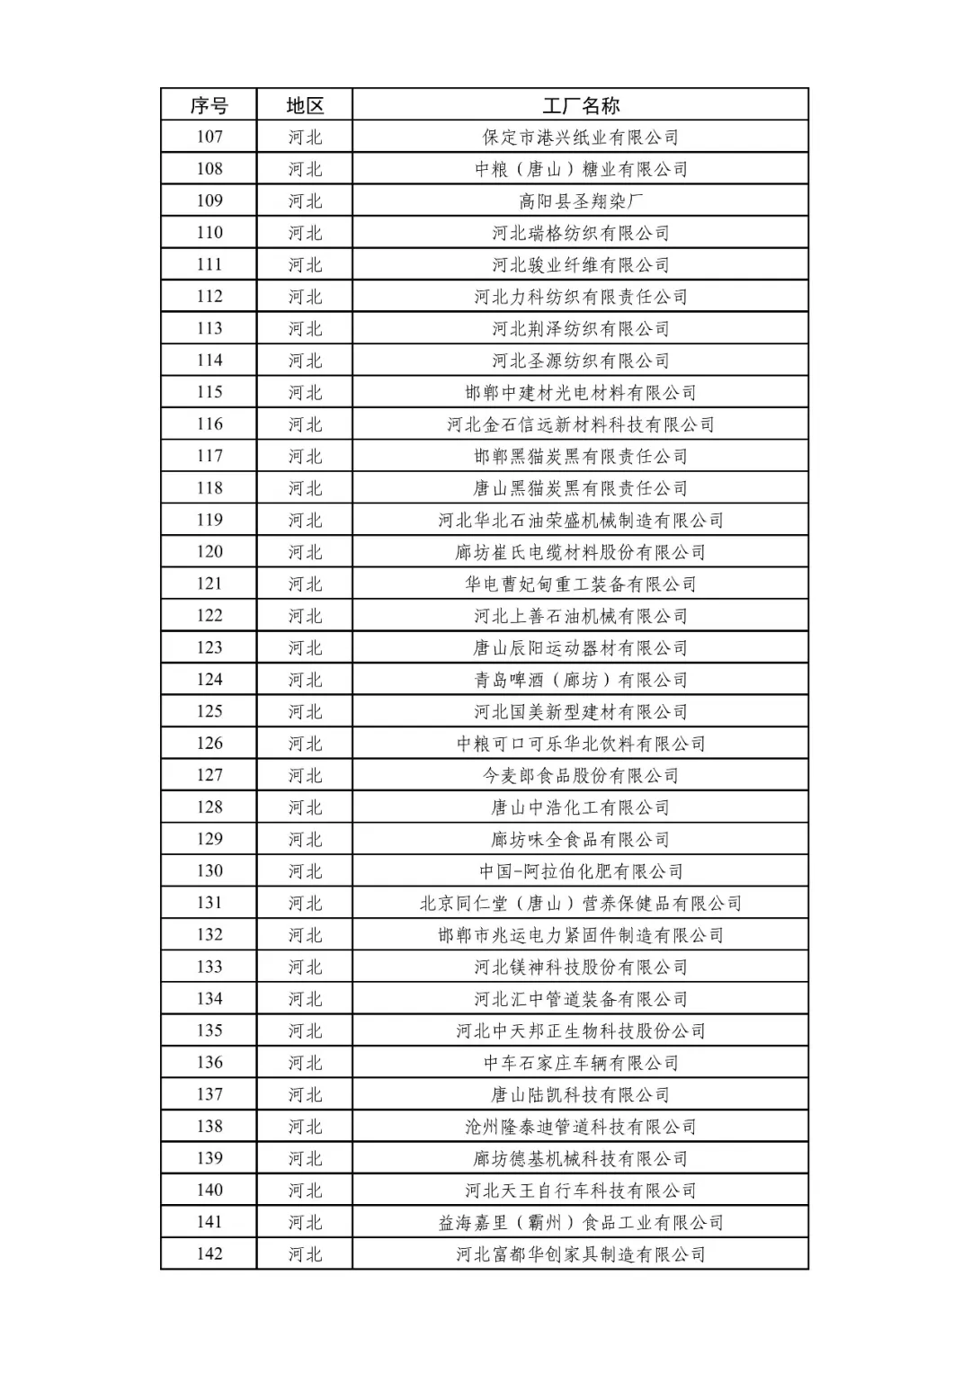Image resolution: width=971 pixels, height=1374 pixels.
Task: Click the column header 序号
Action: [209, 105]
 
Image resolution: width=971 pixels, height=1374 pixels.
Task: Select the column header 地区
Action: [305, 105]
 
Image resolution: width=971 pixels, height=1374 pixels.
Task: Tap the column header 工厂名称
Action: [581, 105]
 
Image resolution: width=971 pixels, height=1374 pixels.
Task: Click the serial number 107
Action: [209, 137]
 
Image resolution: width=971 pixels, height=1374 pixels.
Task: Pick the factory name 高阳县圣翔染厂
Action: [581, 201]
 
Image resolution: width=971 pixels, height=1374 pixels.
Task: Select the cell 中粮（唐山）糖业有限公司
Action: [581, 169]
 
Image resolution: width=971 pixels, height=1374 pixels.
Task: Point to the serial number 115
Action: [209, 392]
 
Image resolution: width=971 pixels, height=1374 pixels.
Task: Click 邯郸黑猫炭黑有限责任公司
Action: [581, 456]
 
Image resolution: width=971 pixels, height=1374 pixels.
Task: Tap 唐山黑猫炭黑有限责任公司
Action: [581, 488]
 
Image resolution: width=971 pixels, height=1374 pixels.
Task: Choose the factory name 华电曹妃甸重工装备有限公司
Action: [581, 584]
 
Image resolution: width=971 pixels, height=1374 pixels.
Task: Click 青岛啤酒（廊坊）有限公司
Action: [581, 680]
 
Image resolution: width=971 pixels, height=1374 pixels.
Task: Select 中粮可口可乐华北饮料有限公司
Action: [581, 744]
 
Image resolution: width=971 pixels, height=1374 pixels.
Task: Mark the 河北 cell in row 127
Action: [305, 775]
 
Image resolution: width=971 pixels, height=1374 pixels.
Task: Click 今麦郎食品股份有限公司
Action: [581, 775]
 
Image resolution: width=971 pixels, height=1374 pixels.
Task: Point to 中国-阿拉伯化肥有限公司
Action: [581, 871]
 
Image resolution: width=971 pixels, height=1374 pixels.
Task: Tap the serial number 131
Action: [209, 903]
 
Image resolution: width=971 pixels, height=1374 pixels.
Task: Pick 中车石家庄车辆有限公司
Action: [581, 1063]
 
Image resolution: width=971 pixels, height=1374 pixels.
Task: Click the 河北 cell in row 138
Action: [305, 1127]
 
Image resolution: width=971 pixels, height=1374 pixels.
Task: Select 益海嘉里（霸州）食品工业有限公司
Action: [581, 1222]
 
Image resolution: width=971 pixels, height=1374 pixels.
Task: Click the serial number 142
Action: [209, 1254]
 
